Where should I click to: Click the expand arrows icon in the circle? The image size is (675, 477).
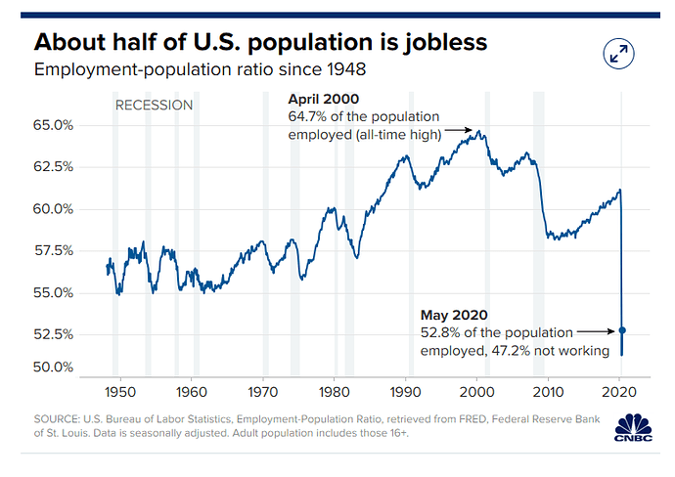[618, 54]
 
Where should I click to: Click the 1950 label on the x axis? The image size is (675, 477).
[118, 389]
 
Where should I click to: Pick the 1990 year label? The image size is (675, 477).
[405, 389]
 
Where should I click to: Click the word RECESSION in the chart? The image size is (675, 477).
[154, 105]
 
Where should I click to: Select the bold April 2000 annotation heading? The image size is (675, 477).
[323, 99]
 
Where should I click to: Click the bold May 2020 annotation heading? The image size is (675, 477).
[454, 315]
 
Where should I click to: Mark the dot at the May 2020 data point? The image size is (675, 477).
[622, 331]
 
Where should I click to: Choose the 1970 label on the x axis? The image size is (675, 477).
[262, 389]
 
